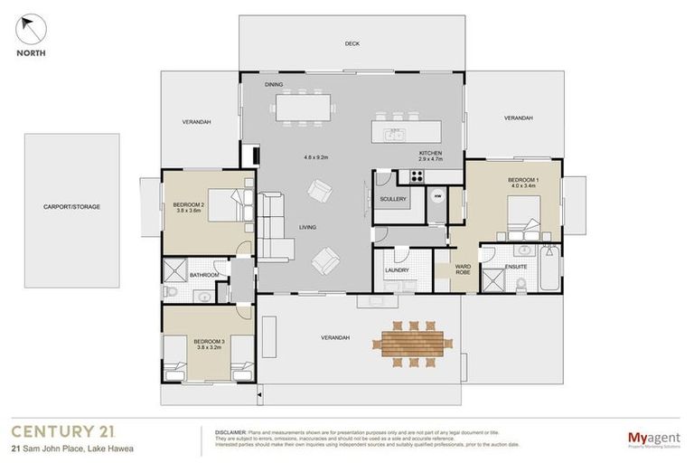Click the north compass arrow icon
tap(30, 29)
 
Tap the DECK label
tap(352, 43)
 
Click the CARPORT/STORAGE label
tap(71, 207)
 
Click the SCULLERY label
tap(393, 199)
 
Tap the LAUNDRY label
tap(397, 269)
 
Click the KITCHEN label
tap(430, 155)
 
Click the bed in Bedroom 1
tap(523, 215)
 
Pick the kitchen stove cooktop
tap(418, 175)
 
